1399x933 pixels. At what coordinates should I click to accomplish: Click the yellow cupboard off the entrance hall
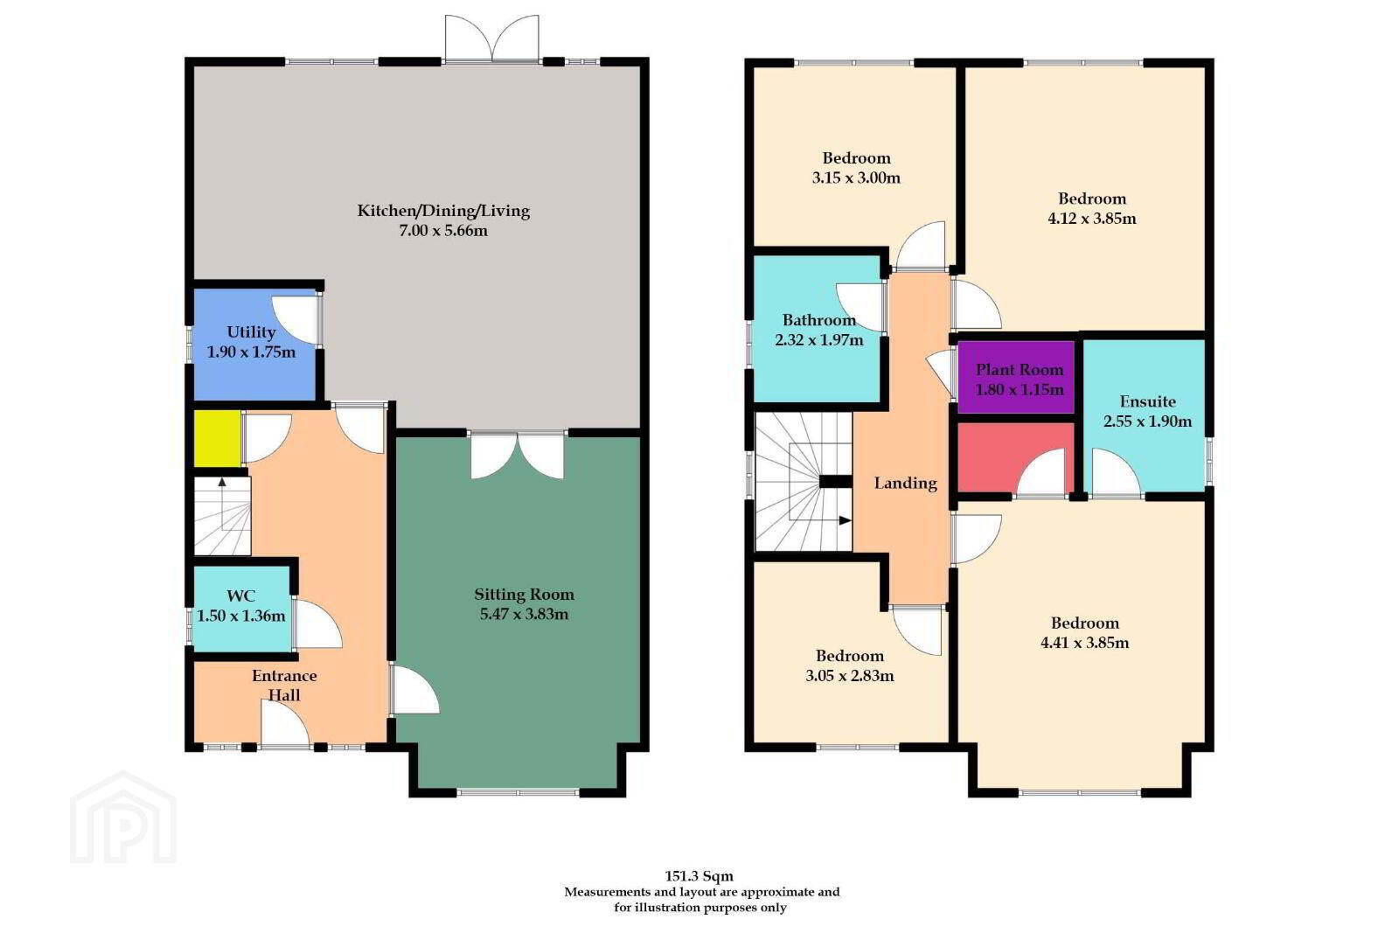point(218,438)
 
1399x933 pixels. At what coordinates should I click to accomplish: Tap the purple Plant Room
point(1015,377)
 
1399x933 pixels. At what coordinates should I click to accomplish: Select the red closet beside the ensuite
point(1015,457)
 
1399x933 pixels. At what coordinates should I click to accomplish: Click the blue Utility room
point(254,345)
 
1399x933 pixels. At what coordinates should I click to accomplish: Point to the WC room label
point(241,595)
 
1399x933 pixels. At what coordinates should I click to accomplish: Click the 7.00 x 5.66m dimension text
point(443,231)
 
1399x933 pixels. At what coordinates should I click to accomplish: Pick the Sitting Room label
point(524,595)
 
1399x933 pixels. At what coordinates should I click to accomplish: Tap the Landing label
point(906,484)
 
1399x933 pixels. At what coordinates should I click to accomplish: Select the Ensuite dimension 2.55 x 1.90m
point(1147,421)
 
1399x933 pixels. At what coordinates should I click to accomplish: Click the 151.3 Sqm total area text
point(699,876)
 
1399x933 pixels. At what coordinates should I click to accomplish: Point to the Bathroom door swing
point(861,307)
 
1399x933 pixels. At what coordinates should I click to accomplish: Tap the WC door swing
point(318,623)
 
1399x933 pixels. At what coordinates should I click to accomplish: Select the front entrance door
point(285,723)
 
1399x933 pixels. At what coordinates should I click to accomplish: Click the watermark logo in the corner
point(123,818)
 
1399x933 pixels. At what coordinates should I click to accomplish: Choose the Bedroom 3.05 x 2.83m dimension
point(849,676)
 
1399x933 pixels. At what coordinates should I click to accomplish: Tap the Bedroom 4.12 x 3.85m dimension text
point(1092,219)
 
